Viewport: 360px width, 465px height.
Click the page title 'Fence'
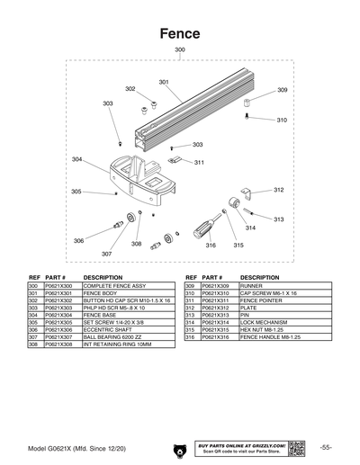coord(180,32)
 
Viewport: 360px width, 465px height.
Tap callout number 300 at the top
coord(180,49)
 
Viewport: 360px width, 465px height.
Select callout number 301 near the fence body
coord(164,82)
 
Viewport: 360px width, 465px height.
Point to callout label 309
coord(282,91)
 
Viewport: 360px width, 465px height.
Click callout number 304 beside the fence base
coord(77,159)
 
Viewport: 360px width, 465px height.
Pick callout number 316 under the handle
coord(210,245)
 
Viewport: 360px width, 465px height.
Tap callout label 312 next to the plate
coord(278,190)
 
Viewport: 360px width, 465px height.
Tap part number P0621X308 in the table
coord(58,344)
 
